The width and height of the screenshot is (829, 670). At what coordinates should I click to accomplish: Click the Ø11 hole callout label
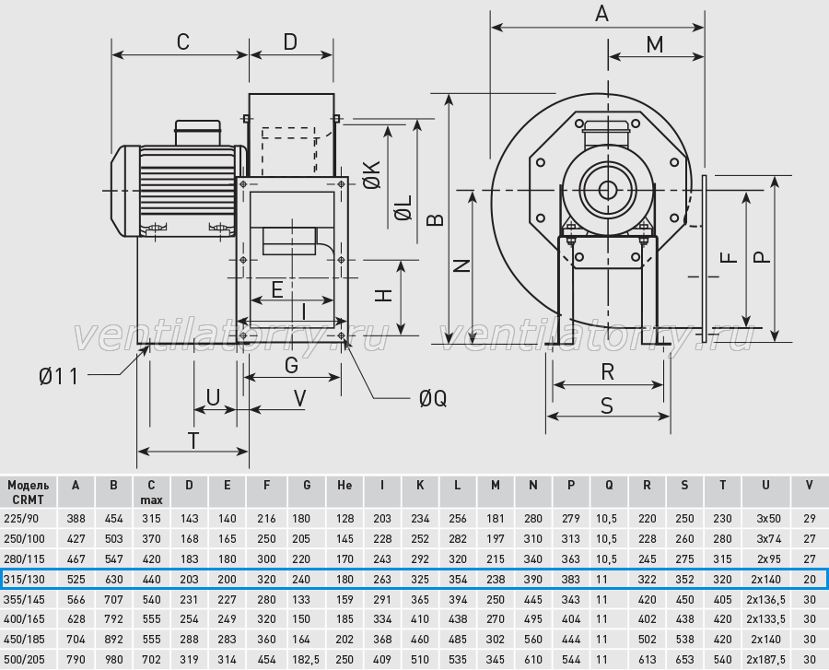pyautogui.click(x=59, y=377)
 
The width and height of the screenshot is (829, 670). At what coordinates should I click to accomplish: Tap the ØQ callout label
pyautogui.click(x=433, y=399)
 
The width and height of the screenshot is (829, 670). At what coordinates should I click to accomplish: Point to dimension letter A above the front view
pyautogui.click(x=601, y=14)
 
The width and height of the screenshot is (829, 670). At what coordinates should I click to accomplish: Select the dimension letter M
pyautogui.click(x=655, y=45)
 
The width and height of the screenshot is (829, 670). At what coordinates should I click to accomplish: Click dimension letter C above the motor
pyautogui.click(x=183, y=41)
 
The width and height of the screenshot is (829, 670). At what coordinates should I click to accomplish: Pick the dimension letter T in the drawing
pyautogui.click(x=193, y=441)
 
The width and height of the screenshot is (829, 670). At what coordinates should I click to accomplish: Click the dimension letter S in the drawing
pyautogui.click(x=607, y=406)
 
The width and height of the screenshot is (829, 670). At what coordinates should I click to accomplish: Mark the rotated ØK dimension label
pyautogui.click(x=372, y=174)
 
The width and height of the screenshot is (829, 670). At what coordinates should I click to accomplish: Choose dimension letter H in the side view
pyautogui.click(x=384, y=296)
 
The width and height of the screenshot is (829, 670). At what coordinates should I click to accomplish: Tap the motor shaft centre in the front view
pyautogui.click(x=608, y=189)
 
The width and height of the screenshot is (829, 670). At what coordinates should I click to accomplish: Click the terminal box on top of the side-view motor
pyautogui.click(x=198, y=132)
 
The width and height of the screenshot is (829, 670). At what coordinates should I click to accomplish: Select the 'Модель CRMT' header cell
pyautogui.click(x=28, y=492)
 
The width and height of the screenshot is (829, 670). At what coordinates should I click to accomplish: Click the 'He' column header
pyautogui.click(x=344, y=485)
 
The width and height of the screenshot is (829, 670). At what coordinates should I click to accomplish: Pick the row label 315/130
pyautogui.click(x=24, y=579)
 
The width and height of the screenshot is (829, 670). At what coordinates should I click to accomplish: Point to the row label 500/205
pyautogui.click(x=24, y=660)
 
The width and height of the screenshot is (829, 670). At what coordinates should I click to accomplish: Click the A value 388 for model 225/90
pyautogui.click(x=76, y=519)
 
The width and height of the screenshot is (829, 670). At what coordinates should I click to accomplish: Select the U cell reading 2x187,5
pyautogui.click(x=765, y=660)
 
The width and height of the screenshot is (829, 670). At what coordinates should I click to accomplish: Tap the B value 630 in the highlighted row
pyautogui.click(x=113, y=579)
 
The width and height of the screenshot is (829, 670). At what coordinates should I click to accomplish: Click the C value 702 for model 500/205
pyautogui.click(x=152, y=660)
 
